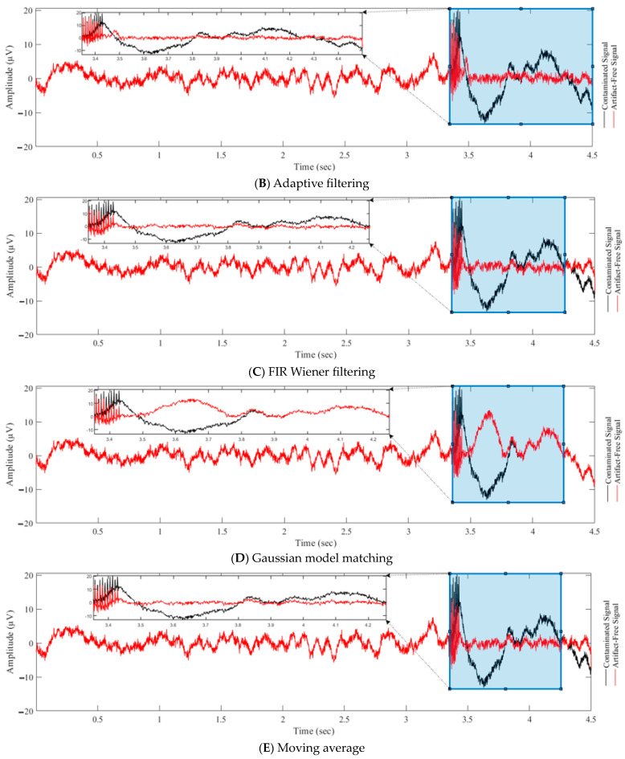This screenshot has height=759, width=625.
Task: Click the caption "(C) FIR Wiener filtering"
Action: coord(312,371)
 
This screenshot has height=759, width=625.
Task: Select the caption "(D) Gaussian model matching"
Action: coord(312,559)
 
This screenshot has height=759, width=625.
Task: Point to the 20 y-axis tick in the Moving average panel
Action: coord(28,575)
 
